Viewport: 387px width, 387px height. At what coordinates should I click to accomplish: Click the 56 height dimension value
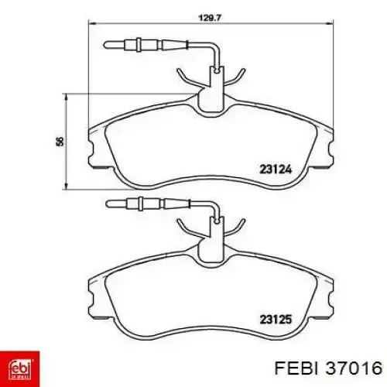coord(60,141)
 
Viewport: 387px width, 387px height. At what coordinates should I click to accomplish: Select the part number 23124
coord(276,170)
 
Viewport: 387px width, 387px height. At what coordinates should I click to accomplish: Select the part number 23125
coord(276,320)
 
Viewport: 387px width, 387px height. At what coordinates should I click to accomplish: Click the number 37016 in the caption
coord(354,368)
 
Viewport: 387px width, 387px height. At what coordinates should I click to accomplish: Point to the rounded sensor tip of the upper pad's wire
coord(106,45)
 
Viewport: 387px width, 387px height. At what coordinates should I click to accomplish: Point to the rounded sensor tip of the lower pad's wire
coord(108,204)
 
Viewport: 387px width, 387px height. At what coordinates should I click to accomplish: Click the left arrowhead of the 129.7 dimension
coord(92,23)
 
